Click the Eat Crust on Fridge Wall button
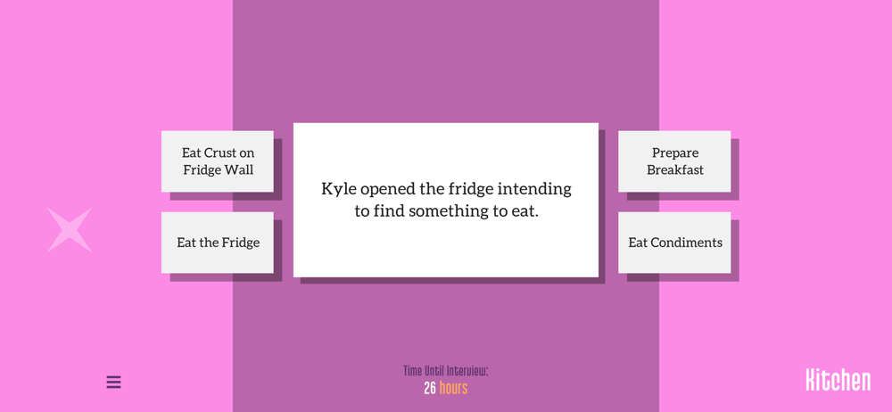coord(218,161)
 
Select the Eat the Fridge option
coord(218,243)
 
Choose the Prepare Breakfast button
coord(674,161)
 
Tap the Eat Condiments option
coord(674,243)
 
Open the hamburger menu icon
coord(114,382)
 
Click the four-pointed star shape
coord(70,230)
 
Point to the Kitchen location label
coord(838,380)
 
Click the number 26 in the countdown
coord(430,389)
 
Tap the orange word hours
coord(453,389)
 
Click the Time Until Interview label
coord(446,371)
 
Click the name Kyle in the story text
coord(339,189)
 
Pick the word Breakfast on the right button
coord(675,170)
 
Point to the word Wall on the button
coord(240,170)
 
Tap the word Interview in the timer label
coord(467,371)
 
